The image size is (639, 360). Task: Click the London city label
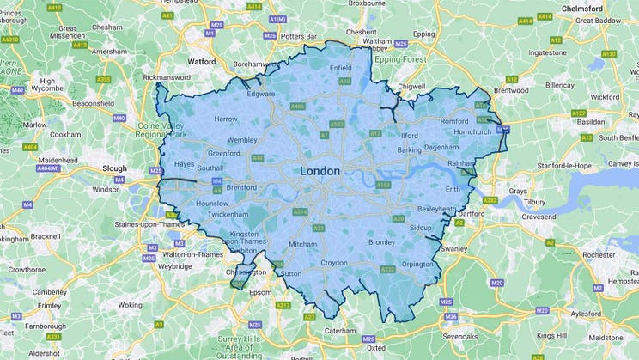pyautogui.click(x=319, y=171)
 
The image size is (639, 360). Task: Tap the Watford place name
pyautogui.click(x=202, y=62)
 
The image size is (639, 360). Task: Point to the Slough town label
pyautogui.click(x=114, y=168)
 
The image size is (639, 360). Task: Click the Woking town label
pyautogui.click(x=131, y=305)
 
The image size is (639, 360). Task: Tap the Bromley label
pyautogui.click(x=380, y=242)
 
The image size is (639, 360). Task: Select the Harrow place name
pyautogui.click(x=225, y=119)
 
